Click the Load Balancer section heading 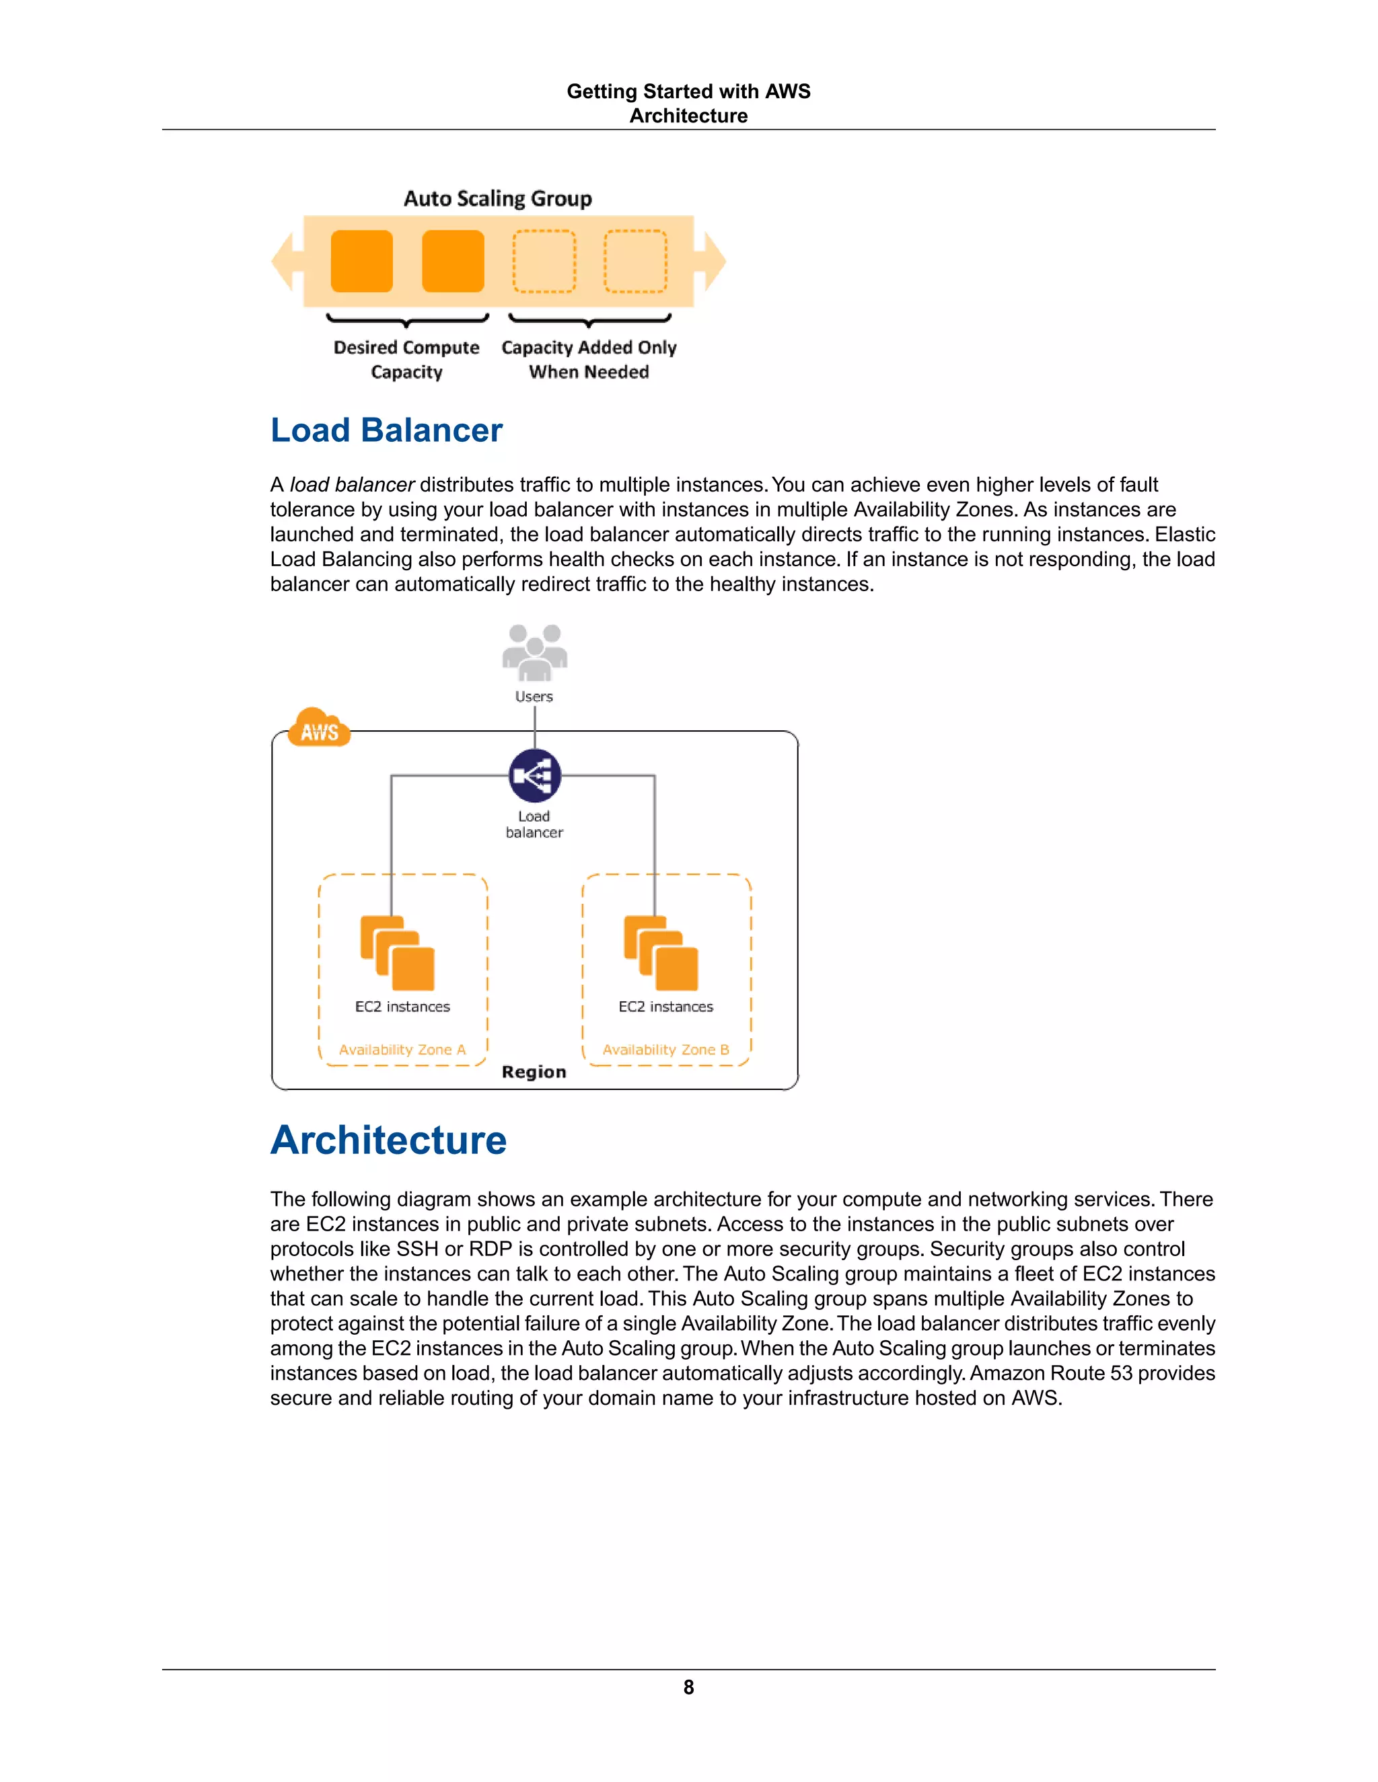click(x=386, y=431)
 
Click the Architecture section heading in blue click(x=389, y=1140)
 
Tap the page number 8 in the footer click(x=688, y=1687)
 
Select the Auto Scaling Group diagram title click(x=497, y=198)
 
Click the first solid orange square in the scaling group click(x=361, y=261)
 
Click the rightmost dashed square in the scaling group click(x=635, y=261)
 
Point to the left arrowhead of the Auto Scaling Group click(x=283, y=261)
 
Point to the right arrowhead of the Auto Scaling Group click(x=715, y=261)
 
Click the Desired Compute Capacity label click(x=406, y=359)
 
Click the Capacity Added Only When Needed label click(x=589, y=359)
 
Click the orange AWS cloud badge click(x=319, y=730)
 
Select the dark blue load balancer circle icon click(x=535, y=775)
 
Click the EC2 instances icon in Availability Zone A click(x=398, y=953)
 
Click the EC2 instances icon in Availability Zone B click(x=661, y=953)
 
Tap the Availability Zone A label click(x=402, y=1049)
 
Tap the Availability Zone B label click(x=665, y=1049)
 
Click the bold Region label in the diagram click(x=534, y=1072)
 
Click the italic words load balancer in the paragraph click(x=352, y=485)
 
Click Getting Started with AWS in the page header click(x=688, y=91)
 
